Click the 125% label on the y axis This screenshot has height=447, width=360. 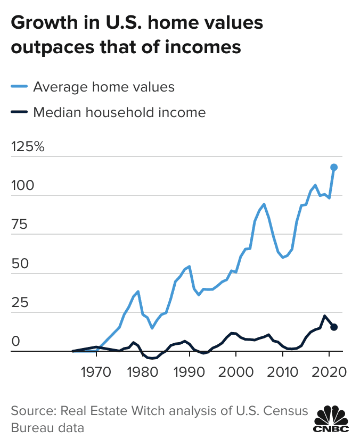[28, 147]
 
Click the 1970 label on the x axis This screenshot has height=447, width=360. [96, 370]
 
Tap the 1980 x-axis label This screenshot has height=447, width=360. [142, 370]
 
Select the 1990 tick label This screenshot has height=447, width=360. [189, 370]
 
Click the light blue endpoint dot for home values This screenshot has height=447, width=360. [334, 167]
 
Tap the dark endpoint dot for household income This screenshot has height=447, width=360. [334, 327]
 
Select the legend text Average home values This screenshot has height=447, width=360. [103, 87]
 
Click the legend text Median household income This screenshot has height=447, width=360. [119, 112]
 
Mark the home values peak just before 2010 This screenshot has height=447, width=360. [264, 204]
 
